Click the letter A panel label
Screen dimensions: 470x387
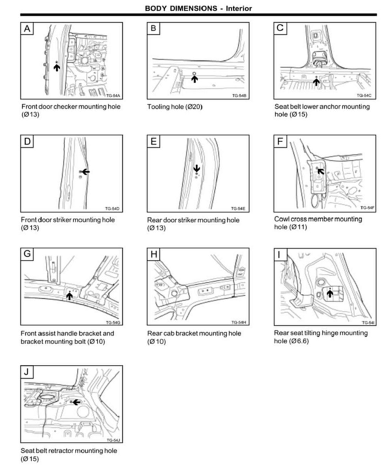click(x=28, y=29)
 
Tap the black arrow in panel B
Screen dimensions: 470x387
click(x=194, y=79)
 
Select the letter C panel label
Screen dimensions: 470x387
click(x=280, y=28)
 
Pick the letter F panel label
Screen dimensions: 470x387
click(x=280, y=142)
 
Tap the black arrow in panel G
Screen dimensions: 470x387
click(x=69, y=296)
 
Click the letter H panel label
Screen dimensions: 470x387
click(x=154, y=254)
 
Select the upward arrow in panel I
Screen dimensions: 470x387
click(x=330, y=293)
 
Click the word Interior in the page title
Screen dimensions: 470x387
click(x=239, y=8)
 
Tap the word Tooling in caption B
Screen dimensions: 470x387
click(x=158, y=107)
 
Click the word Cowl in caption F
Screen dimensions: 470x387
click(x=282, y=219)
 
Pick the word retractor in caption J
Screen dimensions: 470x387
click(x=66, y=451)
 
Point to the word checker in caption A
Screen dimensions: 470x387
click(x=64, y=106)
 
